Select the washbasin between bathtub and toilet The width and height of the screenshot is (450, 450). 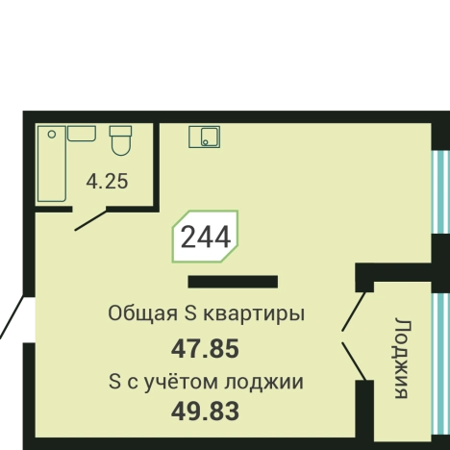click(x=82, y=133)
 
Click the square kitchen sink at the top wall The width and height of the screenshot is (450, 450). click(x=203, y=137)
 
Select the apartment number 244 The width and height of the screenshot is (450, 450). click(x=206, y=237)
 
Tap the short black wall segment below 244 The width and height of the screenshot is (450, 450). click(x=233, y=282)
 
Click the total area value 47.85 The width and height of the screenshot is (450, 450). click(x=204, y=347)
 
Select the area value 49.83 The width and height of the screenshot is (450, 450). click(x=204, y=412)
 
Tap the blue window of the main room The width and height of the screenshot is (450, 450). click(x=440, y=192)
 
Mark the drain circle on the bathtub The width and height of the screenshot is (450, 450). click(x=51, y=135)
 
